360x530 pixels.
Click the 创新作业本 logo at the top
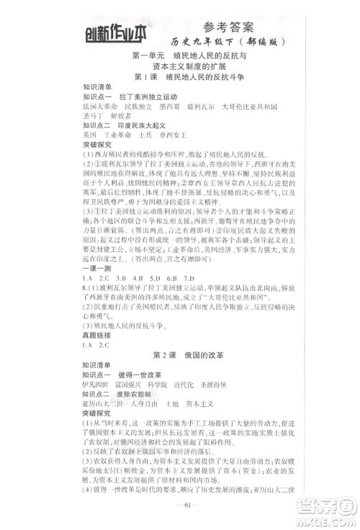(115, 31)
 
